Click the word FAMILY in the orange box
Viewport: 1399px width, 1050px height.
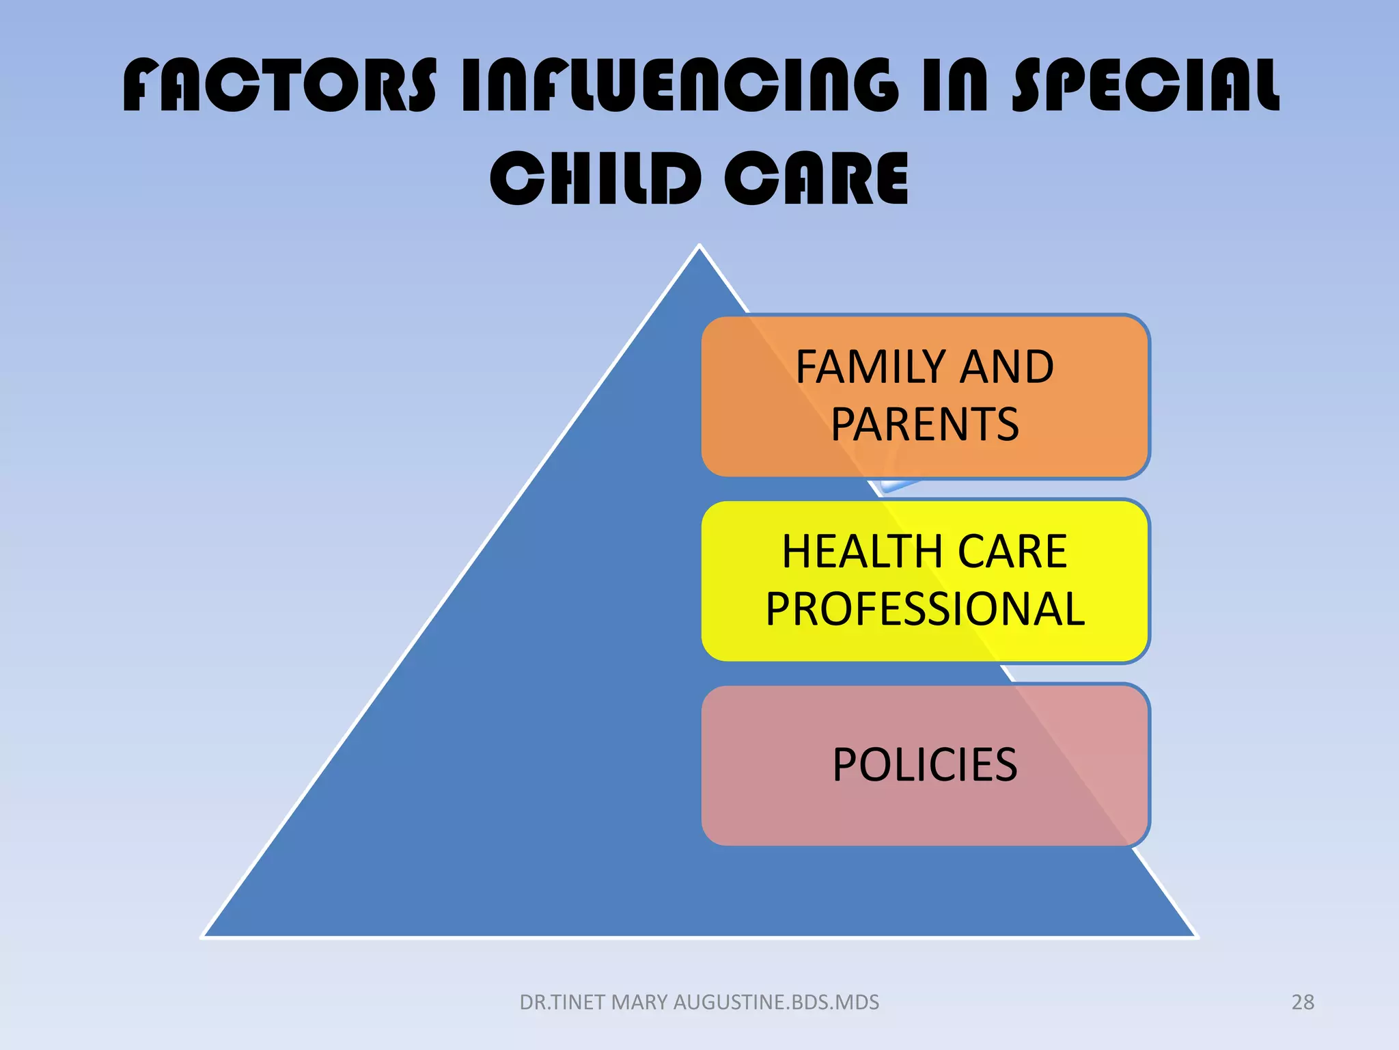click(869, 367)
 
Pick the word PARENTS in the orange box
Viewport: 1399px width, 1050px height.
click(925, 425)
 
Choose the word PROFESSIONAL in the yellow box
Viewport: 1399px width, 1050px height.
click(925, 609)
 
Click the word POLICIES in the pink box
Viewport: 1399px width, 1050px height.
click(925, 764)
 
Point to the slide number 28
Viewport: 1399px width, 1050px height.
click(1303, 1002)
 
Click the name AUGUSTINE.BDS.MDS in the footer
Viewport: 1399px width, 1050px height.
click(776, 1002)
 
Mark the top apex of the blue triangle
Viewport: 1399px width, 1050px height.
click(699, 246)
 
